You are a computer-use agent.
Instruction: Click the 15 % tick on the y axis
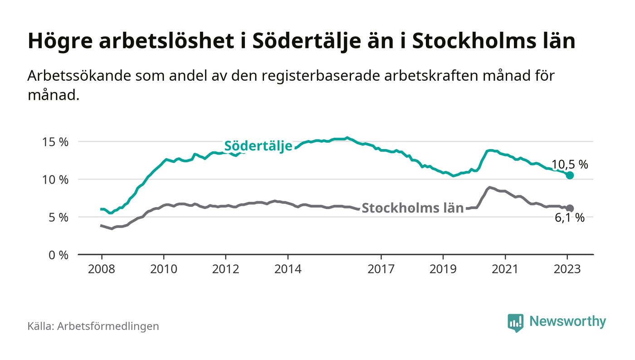point(55,142)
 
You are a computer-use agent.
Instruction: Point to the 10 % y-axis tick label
point(55,180)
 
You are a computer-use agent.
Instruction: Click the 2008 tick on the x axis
point(101,269)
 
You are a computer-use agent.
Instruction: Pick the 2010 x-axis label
point(163,269)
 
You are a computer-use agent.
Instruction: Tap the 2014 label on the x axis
point(288,269)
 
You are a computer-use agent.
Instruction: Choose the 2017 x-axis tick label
point(381,269)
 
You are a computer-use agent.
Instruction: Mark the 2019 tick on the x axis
point(443,269)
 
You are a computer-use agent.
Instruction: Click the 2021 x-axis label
point(505,269)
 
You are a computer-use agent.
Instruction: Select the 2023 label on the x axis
point(567,269)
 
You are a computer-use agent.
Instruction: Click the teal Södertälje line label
point(259,146)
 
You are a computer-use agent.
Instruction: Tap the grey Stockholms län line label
point(413,208)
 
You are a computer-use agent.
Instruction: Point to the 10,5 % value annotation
point(570,165)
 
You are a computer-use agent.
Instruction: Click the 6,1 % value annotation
point(570,218)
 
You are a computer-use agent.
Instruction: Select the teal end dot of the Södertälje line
point(570,175)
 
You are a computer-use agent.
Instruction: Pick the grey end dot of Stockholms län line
point(570,209)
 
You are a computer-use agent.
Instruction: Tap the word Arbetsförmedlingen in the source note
point(108,326)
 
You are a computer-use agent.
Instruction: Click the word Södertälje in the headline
point(309,41)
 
